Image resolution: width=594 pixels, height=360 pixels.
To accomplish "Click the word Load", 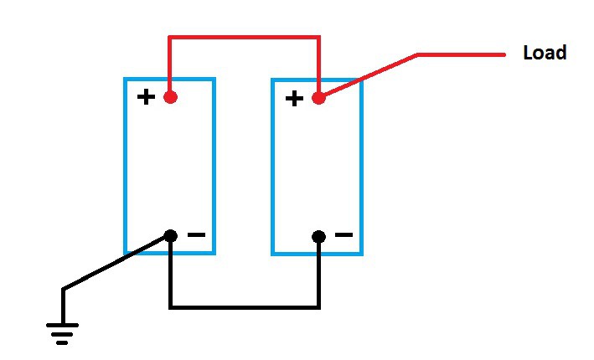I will click(x=544, y=53).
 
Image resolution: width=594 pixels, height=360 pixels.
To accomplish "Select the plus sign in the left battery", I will click(x=146, y=97).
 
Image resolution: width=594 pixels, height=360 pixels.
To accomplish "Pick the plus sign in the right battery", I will click(x=294, y=99).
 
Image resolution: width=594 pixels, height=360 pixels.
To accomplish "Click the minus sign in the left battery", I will click(x=196, y=235).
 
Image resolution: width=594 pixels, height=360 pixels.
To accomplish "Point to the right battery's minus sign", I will click(x=343, y=235).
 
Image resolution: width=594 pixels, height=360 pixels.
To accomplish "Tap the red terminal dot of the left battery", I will click(x=170, y=97).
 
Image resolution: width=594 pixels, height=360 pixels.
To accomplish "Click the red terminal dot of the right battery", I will click(x=318, y=98).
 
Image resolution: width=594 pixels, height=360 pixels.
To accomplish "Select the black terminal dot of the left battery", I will click(x=170, y=236).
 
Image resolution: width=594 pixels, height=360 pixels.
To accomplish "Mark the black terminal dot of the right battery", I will click(x=318, y=236).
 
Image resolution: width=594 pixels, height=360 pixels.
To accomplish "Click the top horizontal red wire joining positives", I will click(x=244, y=37).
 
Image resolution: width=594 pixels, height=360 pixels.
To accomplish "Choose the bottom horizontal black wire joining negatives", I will click(x=244, y=307).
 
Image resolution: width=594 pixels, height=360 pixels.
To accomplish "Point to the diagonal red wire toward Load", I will click(x=369, y=76).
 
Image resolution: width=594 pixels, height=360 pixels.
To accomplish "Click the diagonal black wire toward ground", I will click(x=116, y=263).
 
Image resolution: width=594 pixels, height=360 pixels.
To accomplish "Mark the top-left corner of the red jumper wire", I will click(x=170, y=37).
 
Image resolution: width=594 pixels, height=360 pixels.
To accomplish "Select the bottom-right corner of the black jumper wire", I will click(x=318, y=307).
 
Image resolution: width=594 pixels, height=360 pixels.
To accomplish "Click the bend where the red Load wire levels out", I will click(x=418, y=55).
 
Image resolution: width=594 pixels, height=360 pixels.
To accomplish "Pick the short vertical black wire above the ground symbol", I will click(x=63, y=306).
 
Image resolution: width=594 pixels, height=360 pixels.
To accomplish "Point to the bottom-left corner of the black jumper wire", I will click(x=170, y=307).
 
